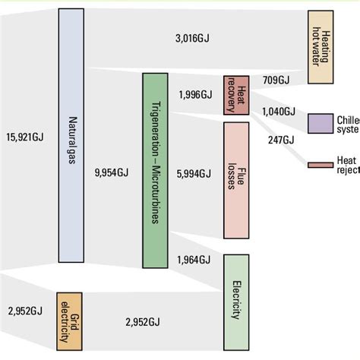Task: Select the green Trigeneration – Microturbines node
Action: tap(155, 170)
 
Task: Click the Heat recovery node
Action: tap(236, 95)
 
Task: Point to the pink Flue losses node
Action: tap(236, 180)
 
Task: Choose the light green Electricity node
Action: tap(236, 301)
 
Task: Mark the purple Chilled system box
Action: tap(320, 123)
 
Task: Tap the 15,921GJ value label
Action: tap(25, 137)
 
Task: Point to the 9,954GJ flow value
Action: tap(111, 174)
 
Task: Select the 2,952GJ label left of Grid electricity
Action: tap(25, 311)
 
